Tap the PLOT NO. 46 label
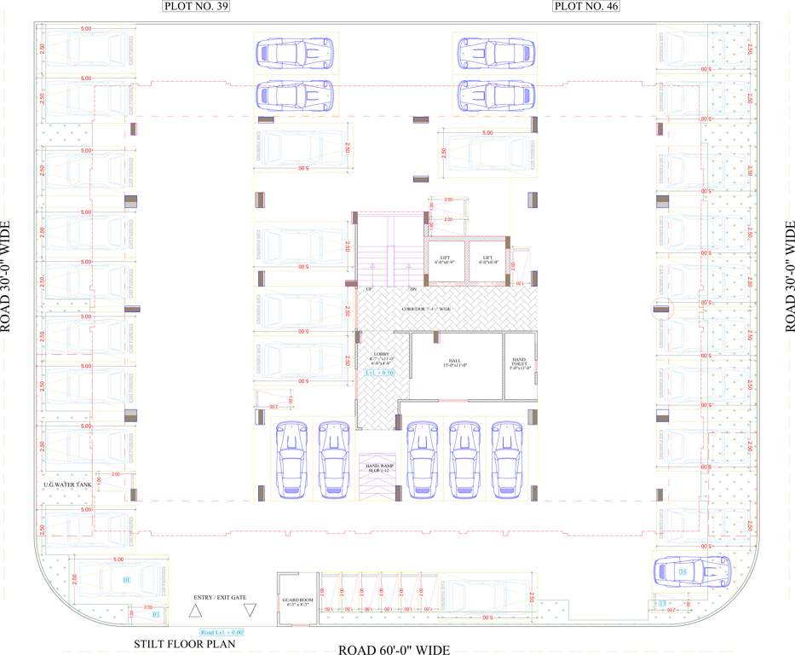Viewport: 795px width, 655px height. coord(586,7)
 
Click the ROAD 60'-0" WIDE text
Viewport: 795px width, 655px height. coord(394,650)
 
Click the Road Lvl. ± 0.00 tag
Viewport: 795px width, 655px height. coord(222,632)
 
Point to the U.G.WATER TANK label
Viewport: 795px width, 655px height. coord(66,484)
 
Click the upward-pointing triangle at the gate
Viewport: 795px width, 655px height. coord(195,611)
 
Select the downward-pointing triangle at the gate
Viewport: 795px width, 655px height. coord(251,611)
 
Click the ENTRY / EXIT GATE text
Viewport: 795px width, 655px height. coord(221,596)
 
